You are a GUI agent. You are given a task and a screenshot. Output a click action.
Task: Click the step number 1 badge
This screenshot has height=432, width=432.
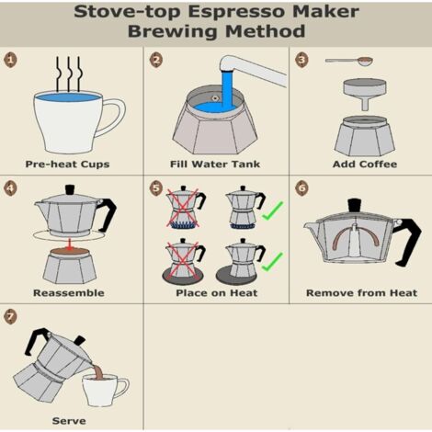click(x=11, y=60)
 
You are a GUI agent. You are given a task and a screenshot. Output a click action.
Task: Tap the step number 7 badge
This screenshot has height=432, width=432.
click(x=11, y=317)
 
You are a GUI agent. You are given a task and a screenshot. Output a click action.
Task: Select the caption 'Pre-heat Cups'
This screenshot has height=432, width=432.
click(x=67, y=165)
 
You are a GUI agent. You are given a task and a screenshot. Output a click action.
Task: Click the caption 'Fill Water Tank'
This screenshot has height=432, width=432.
click(x=216, y=165)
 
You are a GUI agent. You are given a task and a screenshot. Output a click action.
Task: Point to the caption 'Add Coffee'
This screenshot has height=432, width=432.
click(x=365, y=165)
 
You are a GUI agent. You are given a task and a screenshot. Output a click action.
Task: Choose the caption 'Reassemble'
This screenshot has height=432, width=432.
click(x=68, y=293)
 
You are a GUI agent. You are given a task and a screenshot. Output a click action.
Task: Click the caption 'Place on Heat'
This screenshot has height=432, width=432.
click(x=216, y=293)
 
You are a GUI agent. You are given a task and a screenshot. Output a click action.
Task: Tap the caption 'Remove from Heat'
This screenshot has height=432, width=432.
click(x=361, y=293)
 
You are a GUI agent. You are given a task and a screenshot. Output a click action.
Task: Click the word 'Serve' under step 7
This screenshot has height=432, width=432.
click(x=68, y=421)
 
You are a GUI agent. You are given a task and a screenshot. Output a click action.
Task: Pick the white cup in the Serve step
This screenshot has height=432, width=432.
click(x=104, y=390)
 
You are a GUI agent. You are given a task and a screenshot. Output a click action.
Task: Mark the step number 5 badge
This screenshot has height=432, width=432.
click(x=156, y=188)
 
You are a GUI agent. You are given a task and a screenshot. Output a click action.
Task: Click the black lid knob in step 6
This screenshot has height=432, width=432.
click(x=354, y=206)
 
